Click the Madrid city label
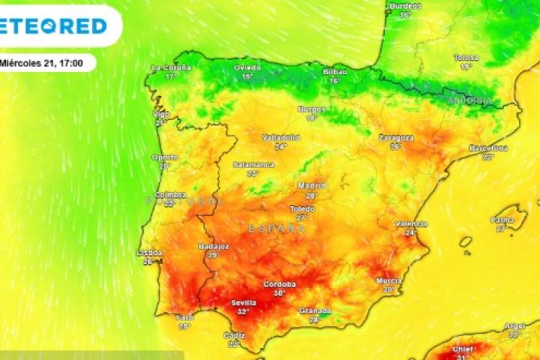click(x=312, y=185)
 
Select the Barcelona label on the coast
click(x=488, y=148)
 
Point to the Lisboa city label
click(x=149, y=253)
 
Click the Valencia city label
click(x=411, y=223)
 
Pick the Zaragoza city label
click(x=396, y=138)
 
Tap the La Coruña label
click(x=171, y=67)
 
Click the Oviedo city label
click(x=247, y=67)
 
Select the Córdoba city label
click(x=280, y=284)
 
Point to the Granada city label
click(x=315, y=310)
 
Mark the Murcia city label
click(x=388, y=280)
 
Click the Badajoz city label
click(x=214, y=246)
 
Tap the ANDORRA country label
click(x=469, y=100)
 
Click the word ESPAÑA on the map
click(x=277, y=226)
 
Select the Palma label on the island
click(x=502, y=220)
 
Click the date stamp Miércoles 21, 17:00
click(x=45, y=62)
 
